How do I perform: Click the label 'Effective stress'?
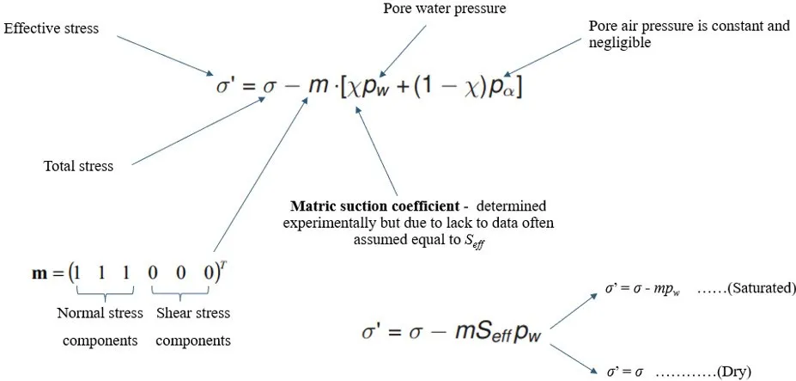click(x=52, y=28)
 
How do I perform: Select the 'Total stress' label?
click(x=78, y=166)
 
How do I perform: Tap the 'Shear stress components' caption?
click(x=193, y=327)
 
